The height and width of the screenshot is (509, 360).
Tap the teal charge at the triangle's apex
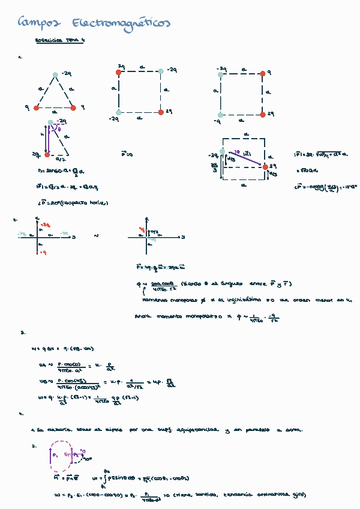pos(55,75)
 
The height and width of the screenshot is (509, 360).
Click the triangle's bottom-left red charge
pos(37,108)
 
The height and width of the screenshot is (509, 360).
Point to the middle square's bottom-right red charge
pos(161,112)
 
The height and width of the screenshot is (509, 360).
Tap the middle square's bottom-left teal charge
pos(119,112)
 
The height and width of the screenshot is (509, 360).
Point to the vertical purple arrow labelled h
pos(49,137)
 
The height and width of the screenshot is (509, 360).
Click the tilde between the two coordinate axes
pos(97,236)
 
